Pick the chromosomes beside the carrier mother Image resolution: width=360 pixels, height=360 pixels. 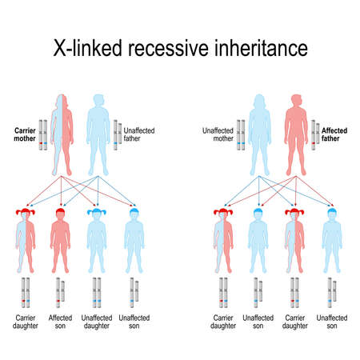tap(45, 136)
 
